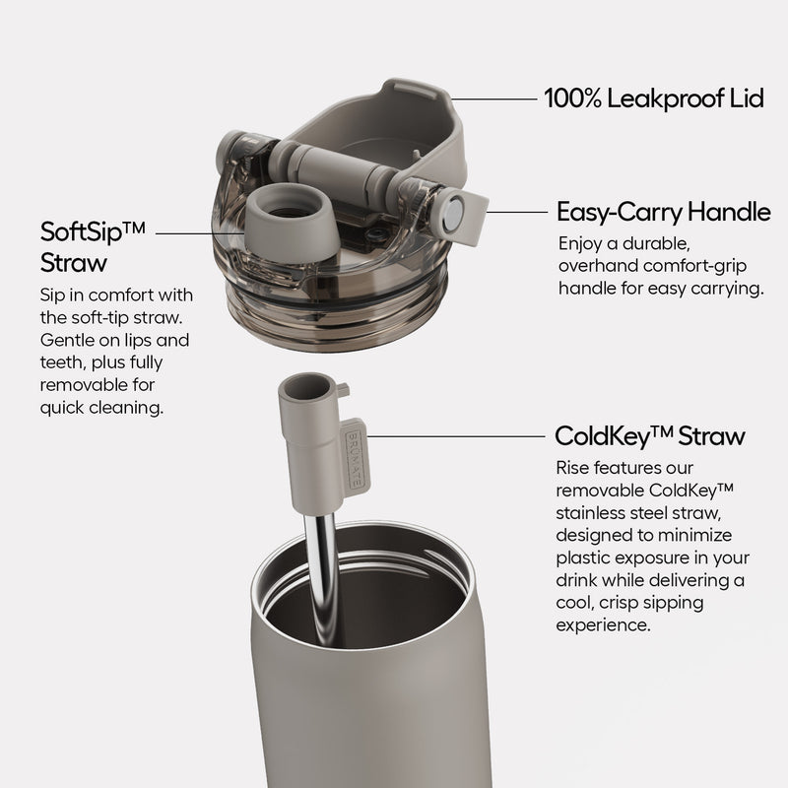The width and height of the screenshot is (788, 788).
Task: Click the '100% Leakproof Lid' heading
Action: [x=654, y=98]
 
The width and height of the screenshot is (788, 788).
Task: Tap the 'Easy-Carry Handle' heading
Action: [x=663, y=212]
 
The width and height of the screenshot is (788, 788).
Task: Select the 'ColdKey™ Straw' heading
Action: [x=650, y=435]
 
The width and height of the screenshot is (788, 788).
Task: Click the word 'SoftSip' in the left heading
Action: [x=82, y=231]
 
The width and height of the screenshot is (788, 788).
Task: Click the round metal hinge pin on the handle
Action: [x=455, y=214]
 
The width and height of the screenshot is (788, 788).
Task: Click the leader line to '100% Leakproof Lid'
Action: [x=494, y=99]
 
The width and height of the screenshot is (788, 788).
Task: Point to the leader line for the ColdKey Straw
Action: [x=455, y=436]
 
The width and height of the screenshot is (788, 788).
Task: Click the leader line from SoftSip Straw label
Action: [x=201, y=233]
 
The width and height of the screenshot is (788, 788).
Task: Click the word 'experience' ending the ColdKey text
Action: [x=603, y=626]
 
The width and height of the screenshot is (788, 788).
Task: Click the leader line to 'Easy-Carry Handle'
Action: [x=518, y=212]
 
